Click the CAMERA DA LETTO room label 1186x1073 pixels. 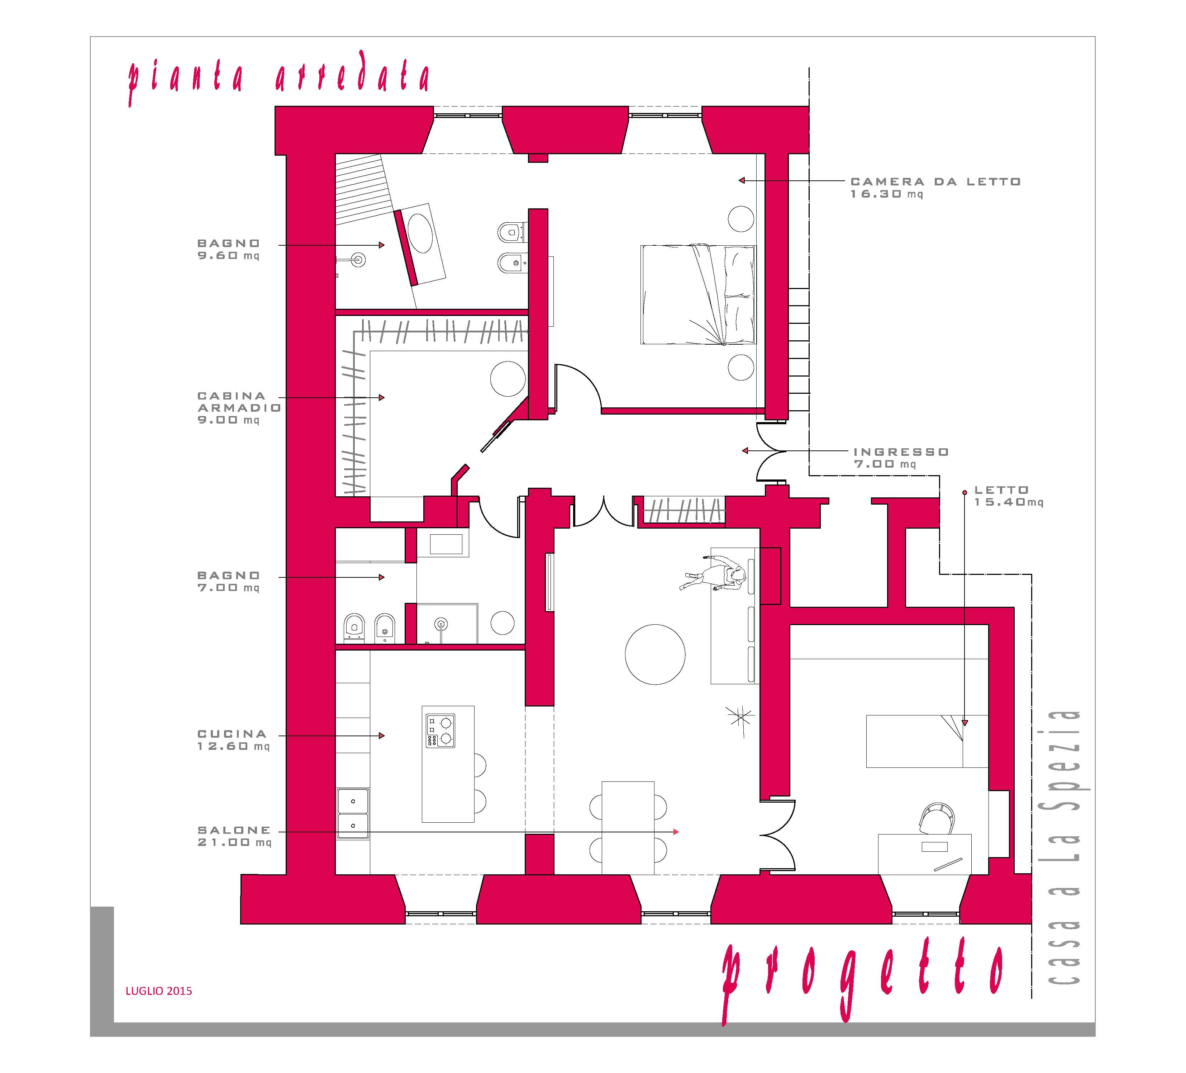(935, 182)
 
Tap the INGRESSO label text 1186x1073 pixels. (901, 452)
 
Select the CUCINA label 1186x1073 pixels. (232, 734)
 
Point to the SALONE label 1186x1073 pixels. (234, 830)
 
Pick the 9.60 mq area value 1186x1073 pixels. (228, 255)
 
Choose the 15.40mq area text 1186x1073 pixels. (1008, 502)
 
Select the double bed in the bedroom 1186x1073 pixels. (698, 294)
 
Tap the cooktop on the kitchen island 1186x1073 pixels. (440, 731)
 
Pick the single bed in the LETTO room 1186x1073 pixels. (927, 741)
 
